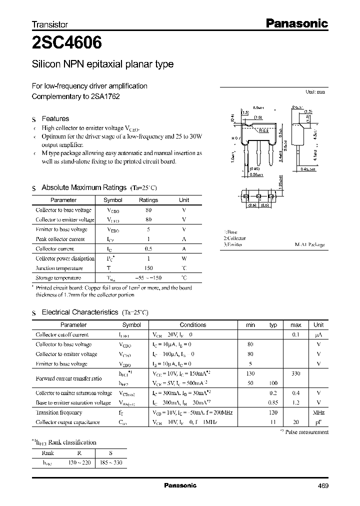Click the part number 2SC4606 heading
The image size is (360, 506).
point(67,43)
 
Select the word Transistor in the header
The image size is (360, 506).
point(50,24)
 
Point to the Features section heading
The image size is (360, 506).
point(55,118)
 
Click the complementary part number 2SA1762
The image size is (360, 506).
point(105,96)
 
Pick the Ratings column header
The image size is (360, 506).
point(148,200)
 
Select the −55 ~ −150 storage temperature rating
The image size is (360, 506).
point(148,277)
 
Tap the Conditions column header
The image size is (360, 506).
point(193,324)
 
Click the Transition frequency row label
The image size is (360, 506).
point(59,412)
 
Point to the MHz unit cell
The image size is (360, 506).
point(318,412)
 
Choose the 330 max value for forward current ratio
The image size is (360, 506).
point(295,373)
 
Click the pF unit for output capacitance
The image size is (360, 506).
point(318,422)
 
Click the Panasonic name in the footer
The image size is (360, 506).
point(180,485)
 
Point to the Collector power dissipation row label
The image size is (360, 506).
point(65,258)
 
